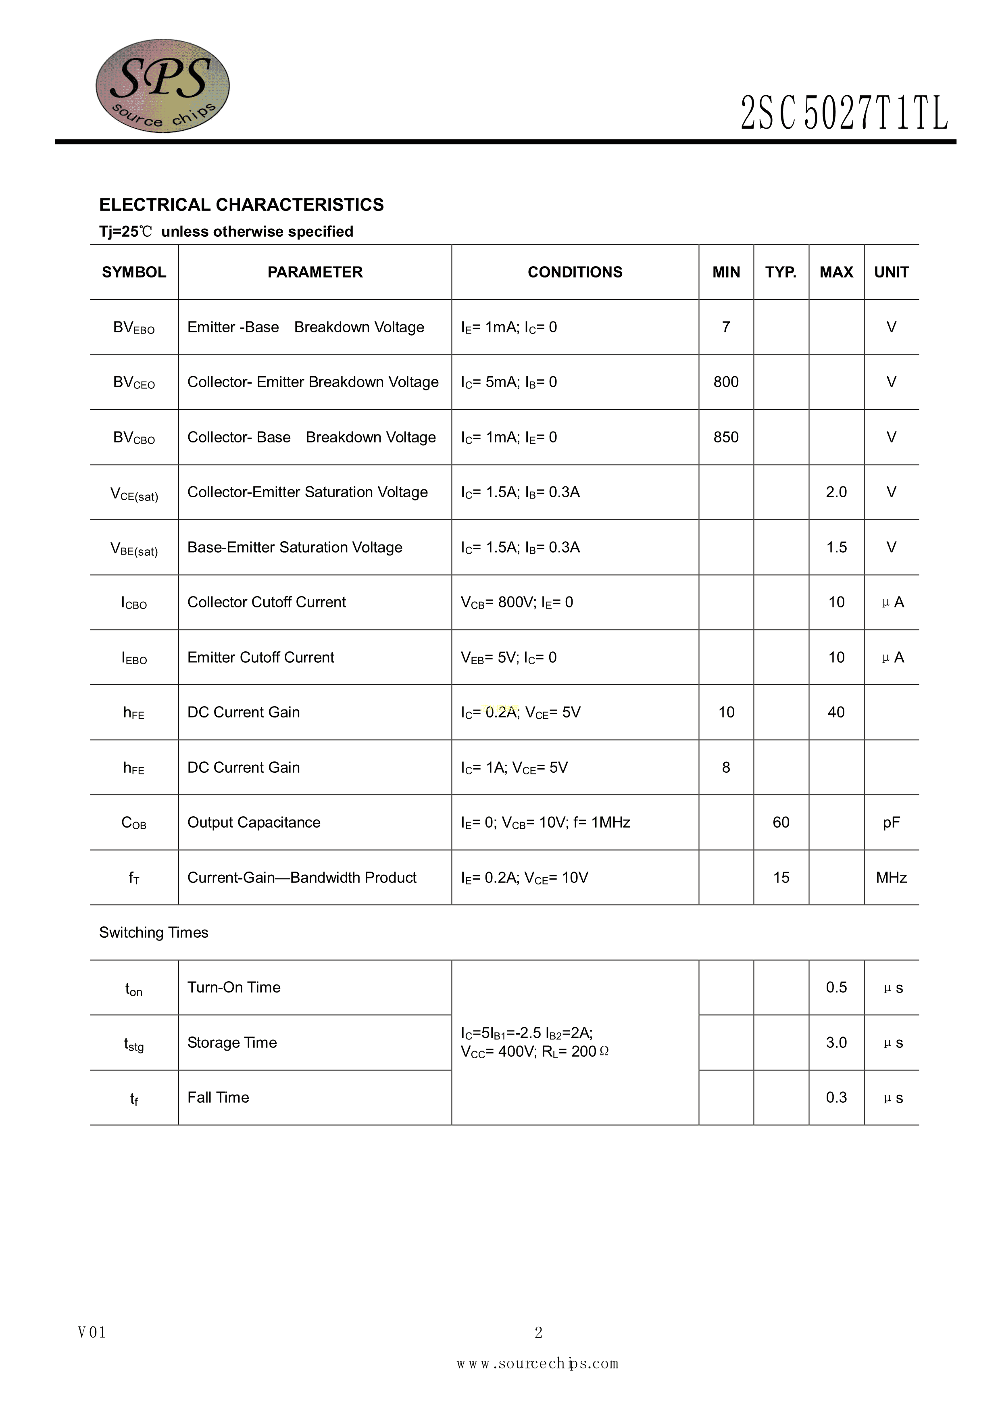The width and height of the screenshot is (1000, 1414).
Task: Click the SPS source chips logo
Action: pos(162,86)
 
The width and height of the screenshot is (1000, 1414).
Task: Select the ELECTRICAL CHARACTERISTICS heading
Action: pos(242,204)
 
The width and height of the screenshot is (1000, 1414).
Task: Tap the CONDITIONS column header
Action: pos(575,272)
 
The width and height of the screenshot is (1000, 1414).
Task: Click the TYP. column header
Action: pos(781,272)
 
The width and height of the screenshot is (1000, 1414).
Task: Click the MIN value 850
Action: pos(726,437)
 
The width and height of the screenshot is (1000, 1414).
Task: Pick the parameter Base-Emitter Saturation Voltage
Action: pos(295,548)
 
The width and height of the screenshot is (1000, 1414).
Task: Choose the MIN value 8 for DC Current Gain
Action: pos(726,767)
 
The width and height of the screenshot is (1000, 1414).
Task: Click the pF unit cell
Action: pos(891,823)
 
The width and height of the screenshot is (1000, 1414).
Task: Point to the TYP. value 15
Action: pos(781,878)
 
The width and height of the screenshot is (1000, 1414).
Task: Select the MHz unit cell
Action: pos(891,878)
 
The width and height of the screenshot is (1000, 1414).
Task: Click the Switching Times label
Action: pos(154,932)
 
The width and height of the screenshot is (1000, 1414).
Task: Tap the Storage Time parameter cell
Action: pos(232,1043)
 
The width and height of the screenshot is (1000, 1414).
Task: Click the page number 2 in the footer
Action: pos(538,1333)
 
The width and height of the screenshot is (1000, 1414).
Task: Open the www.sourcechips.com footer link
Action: pos(537,1364)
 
